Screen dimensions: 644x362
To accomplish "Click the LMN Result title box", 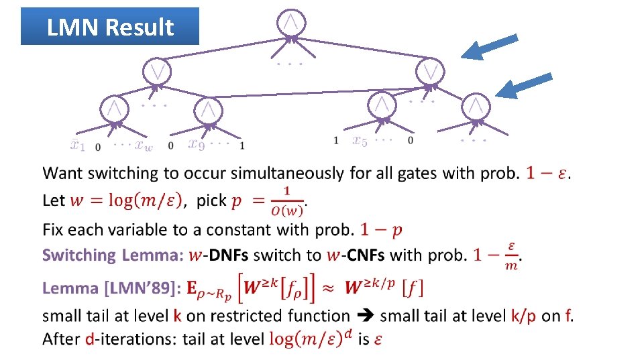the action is pos(110,26).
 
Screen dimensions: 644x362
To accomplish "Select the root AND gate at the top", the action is pos(290,22).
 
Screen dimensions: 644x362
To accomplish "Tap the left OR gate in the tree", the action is pos(157,70).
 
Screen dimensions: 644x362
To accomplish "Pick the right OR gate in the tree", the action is pos(430,70).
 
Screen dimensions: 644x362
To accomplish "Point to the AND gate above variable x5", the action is pos(381,103).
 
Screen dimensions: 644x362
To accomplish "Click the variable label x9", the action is pos(196,143).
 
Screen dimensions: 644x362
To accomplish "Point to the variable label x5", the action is pos(360,140).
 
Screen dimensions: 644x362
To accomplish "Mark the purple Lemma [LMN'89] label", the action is pos(111,289).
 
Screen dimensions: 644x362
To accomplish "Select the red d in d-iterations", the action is pos(89,339).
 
